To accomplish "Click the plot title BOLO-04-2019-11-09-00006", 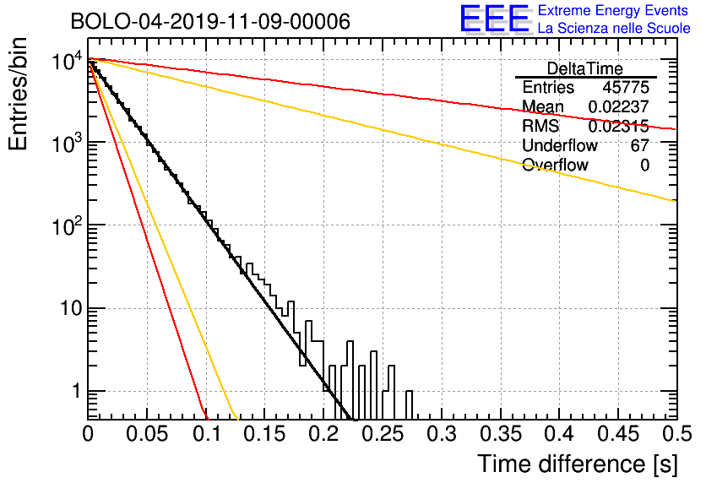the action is click(210, 21).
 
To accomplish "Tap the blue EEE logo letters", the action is click(494, 18).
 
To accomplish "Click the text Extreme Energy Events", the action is click(613, 10).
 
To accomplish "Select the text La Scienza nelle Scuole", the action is click(614, 28).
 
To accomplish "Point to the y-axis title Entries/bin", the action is click(18, 94).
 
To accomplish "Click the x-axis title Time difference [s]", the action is click(578, 464).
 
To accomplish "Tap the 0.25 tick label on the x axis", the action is click(383, 434).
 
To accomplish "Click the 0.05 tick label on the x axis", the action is click(147, 434).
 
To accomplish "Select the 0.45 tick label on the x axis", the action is click(619, 434).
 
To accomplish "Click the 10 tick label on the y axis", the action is click(71, 309).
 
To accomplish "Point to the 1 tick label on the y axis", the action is click(76, 391).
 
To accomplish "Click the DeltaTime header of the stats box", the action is click(585, 68).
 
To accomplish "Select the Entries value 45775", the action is click(626, 87).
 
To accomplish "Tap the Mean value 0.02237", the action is click(619, 106).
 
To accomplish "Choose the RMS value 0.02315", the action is click(619, 127).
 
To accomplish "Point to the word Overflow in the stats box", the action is click(555, 165).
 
